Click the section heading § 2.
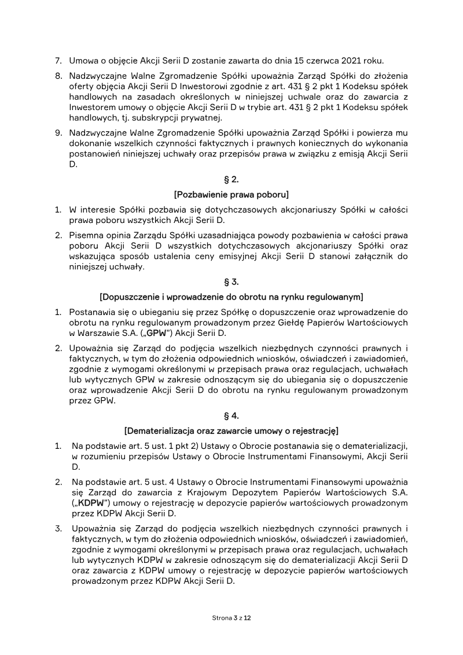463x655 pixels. [231, 179]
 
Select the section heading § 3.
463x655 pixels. [231, 282]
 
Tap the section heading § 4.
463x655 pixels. [231, 416]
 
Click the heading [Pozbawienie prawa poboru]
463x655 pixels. [231, 193]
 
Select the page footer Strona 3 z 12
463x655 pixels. [231, 618]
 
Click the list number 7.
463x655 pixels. [58, 60]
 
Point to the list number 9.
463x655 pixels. [58, 133]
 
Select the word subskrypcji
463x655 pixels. [140, 118]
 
